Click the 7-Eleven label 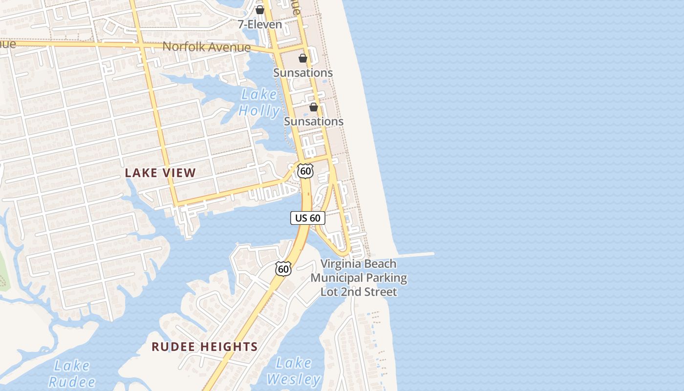point(260,24)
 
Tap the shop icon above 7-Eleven point(260,10)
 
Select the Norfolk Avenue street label point(206,47)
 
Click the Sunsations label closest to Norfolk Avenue point(303,73)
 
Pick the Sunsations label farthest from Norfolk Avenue point(314,121)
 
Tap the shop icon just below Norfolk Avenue point(303,58)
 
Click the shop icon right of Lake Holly point(314,107)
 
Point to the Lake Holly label point(259,103)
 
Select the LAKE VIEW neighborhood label point(160,173)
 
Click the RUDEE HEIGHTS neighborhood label point(204,347)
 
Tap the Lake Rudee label point(72,373)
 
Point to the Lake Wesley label point(293,371)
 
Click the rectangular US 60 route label point(308,218)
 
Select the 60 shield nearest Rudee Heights point(283,268)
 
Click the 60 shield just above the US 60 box point(305,171)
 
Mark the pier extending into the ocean point(415,254)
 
